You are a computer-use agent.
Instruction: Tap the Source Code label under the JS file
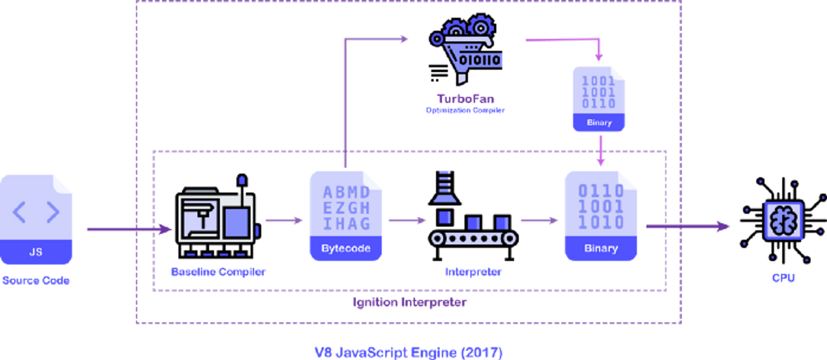(36, 280)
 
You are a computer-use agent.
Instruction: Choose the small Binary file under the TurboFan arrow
(598, 99)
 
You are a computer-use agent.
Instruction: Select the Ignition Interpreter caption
(410, 302)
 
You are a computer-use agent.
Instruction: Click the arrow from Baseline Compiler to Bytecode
(284, 220)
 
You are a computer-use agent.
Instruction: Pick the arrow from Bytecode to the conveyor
(407, 220)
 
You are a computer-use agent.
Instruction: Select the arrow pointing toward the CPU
(690, 227)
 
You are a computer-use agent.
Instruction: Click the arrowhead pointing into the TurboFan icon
(404, 39)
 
